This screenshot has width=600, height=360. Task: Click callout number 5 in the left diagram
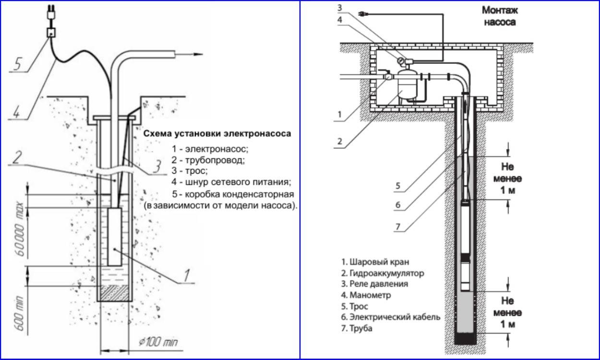tap(18, 64)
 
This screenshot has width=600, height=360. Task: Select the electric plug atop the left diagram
tap(49, 15)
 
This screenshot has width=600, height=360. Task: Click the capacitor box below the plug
tap(50, 33)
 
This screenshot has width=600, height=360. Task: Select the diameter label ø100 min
tap(157, 343)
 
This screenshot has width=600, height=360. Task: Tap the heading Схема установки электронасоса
tap(217, 134)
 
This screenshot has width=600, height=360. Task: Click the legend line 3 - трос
tap(191, 171)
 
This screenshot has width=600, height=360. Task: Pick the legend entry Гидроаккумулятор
tap(383, 273)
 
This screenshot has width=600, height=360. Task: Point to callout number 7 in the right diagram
tap(397, 227)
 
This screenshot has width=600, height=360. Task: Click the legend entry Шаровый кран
tap(375, 262)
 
